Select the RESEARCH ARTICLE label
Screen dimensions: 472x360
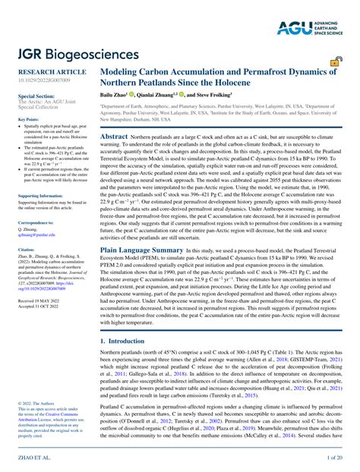click(47, 71)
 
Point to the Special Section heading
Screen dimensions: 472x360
click(36, 96)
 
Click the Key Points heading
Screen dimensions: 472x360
click(29, 119)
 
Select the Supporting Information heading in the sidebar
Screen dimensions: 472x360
click(39, 195)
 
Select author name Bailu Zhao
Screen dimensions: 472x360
click(115, 96)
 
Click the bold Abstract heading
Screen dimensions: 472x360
click(114, 133)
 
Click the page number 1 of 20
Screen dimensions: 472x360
click(334, 458)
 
